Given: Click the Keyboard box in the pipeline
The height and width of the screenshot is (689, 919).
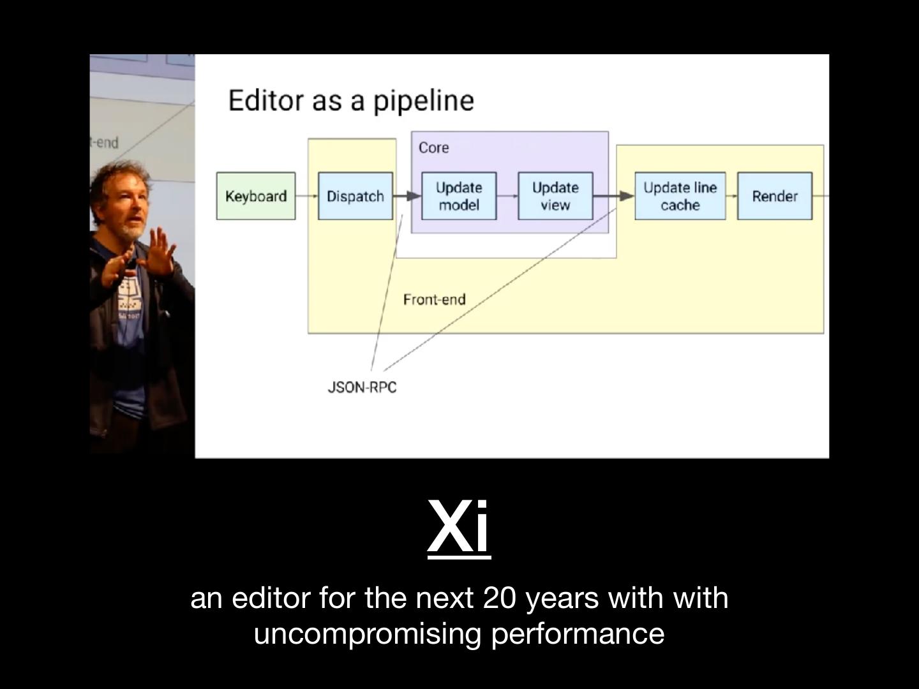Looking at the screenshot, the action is pos(256,196).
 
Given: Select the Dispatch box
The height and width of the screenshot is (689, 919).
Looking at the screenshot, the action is pos(355,196).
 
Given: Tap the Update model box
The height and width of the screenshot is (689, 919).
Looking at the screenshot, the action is pos(459,196).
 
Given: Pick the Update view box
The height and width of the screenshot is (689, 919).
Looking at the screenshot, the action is pos(555,196).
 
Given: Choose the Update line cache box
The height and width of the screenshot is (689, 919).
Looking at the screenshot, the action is pos(680,196).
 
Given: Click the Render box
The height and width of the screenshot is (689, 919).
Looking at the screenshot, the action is pos(775,196).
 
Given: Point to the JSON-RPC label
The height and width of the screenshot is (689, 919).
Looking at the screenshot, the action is pos(362,387).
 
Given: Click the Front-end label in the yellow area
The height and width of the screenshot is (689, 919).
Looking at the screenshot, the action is pos(435,299).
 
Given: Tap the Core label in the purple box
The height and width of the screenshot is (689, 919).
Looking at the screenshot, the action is pos(434,147).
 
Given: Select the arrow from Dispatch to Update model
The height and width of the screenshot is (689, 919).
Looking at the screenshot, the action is pos(407,196).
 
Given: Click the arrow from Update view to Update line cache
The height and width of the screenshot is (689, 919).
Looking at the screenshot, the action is pos(613,196).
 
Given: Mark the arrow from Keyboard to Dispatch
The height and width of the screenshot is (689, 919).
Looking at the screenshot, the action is pos(307,196).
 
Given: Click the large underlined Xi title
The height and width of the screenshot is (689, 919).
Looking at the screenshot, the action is pos(459,527).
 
